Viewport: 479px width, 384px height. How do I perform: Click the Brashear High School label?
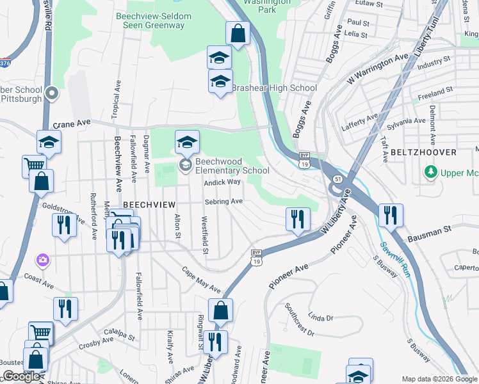click(274, 88)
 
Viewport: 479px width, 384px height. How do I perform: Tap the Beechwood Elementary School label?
click(232, 166)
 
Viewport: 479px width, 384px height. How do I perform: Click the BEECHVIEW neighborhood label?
click(149, 203)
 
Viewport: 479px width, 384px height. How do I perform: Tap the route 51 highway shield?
click(337, 179)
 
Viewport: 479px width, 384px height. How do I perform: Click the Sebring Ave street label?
click(223, 202)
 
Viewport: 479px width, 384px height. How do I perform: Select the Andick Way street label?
click(222, 182)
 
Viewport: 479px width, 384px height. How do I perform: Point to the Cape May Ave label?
click(200, 280)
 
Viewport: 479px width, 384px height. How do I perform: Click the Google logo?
click(21, 377)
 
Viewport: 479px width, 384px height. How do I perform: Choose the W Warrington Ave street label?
click(377, 68)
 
